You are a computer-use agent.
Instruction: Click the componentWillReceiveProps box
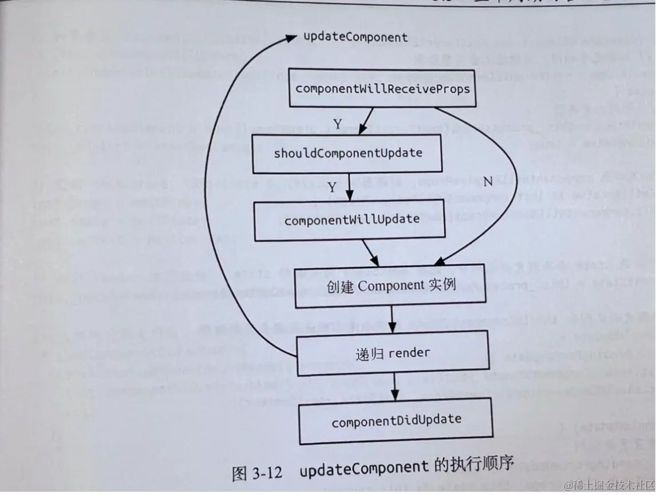tap(382, 89)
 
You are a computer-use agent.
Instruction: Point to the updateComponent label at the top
tap(356, 37)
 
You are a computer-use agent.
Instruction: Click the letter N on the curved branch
tap(488, 182)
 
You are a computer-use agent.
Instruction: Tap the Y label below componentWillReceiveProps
tap(338, 124)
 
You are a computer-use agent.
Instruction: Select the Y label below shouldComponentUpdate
tap(332, 188)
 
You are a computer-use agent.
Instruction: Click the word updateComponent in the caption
tap(364, 469)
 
